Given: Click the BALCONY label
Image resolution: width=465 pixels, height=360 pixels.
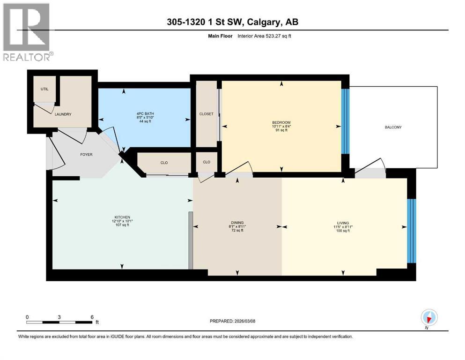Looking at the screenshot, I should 393,127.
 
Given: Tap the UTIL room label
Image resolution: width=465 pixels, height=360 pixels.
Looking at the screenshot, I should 45,89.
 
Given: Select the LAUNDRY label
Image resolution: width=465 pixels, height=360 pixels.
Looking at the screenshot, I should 63,114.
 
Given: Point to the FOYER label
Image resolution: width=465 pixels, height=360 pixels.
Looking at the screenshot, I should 87,154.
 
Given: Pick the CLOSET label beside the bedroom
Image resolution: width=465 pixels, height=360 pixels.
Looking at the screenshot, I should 206,114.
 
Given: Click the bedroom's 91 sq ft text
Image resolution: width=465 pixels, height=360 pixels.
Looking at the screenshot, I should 281,130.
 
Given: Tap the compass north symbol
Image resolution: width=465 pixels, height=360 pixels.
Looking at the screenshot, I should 429,317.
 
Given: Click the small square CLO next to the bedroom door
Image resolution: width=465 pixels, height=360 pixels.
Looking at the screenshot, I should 207,162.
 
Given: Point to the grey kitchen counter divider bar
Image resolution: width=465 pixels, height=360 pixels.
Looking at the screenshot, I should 191,240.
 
